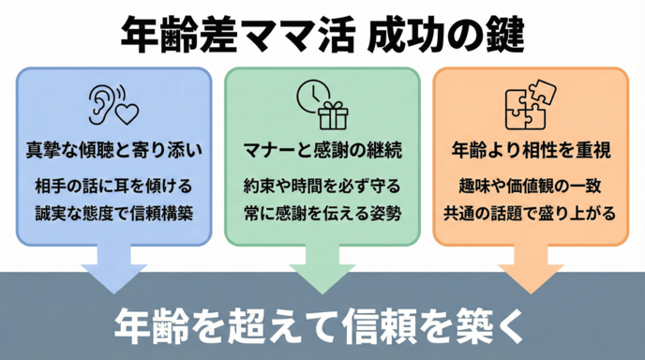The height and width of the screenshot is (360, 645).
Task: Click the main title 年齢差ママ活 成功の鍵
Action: click(x=322, y=36)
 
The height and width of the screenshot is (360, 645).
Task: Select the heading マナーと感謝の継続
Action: click(x=322, y=150)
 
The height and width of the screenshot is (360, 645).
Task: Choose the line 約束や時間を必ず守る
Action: click(x=322, y=184)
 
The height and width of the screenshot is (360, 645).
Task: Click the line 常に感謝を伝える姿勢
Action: click(x=322, y=213)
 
